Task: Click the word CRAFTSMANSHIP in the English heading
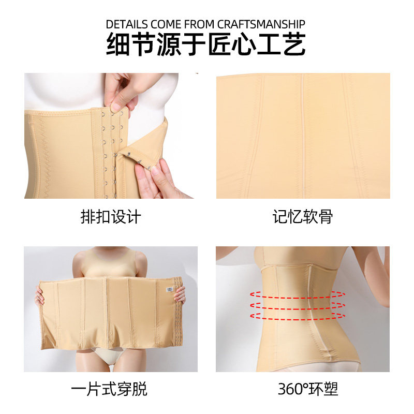261,24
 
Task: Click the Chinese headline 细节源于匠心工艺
206,45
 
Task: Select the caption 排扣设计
111,216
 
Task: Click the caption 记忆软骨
303,216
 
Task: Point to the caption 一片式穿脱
111,389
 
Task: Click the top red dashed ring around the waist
298,294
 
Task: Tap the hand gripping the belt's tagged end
180,295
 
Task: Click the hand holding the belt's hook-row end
40,296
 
